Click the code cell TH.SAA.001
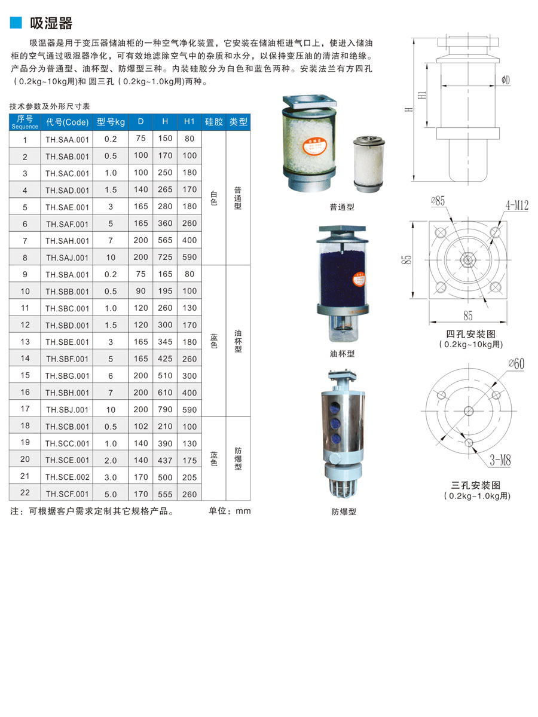click(x=67, y=139)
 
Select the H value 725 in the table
click(x=165, y=257)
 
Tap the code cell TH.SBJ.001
click(x=67, y=410)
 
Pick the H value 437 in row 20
click(x=165, y=460)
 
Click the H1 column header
click(x=189, y=122)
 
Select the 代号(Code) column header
click(x=67, y=122)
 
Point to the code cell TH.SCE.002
click(x=67, y=477)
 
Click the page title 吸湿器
click(x=51, y=23)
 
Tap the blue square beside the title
click(x=16, y=22)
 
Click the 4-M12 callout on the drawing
click(x=516, y=206)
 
